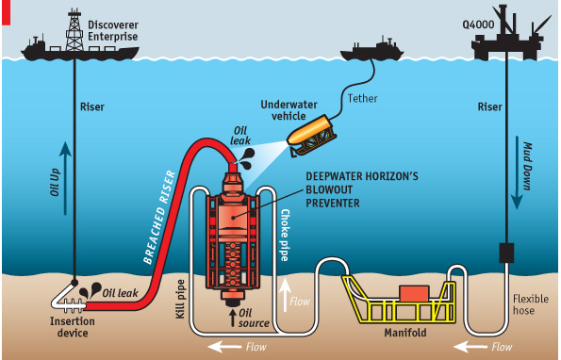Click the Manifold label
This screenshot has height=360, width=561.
click(x=407, y=333)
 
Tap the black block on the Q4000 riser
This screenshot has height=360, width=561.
click(x=506, y=252)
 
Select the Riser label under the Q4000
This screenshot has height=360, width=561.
click(x=489, y=107)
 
